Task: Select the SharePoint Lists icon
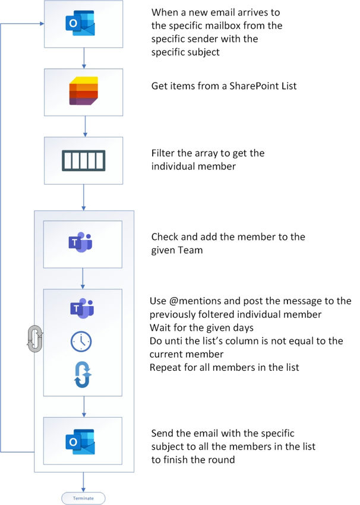pyautogui.click(x=83, y=91)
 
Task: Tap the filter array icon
pyautogui.click(x=83, y=160)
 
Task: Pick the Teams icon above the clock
pyautogui.click(x=83, y=309)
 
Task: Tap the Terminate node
pyautogui.click(x=83, y=498)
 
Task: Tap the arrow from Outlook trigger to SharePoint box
pyautogui.click(x=84, y=58)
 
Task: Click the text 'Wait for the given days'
pyautogui.click(x=201, y=327)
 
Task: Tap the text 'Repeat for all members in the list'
pyautogui.click(x=225, y=367)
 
